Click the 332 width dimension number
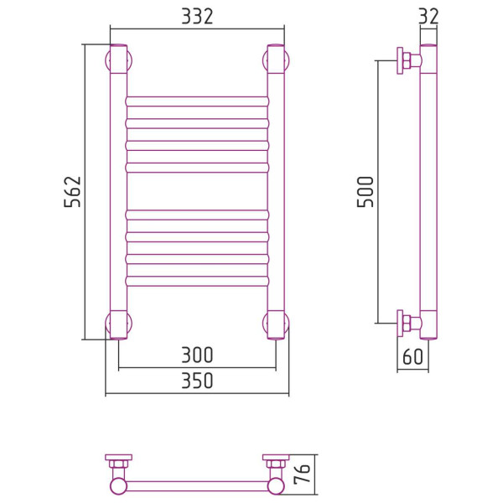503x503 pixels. click(x=197, y=17)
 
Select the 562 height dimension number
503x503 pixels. click(x=72, y=191)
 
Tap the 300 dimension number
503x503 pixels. click(x=197, y=355)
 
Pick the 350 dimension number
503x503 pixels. click(x=197, y=381)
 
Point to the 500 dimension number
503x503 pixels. click(x=366, y=191)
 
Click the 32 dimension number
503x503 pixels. click(x=428, y=17)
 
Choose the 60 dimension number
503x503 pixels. click(x=412, y=356)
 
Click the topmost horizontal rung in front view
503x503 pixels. click(x=197, y=101)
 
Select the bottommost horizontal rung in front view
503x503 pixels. click(x=197, y=281)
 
